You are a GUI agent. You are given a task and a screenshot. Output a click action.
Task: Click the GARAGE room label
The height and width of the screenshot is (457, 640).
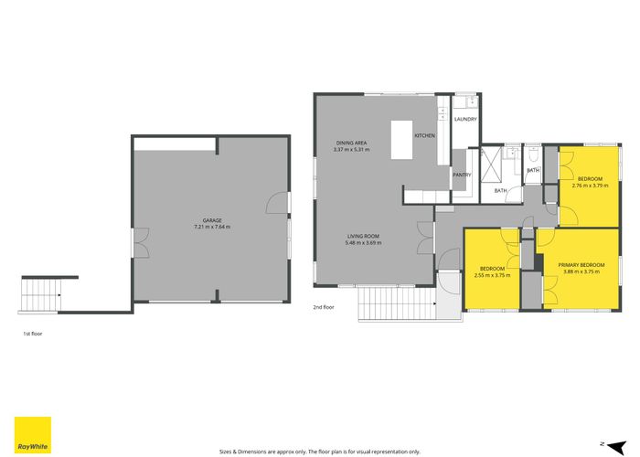click(212, 220)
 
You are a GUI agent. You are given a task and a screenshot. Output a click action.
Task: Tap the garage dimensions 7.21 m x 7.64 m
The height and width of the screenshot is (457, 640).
click(212, 227)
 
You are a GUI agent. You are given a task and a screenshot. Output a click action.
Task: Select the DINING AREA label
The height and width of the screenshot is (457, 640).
click(351, 143)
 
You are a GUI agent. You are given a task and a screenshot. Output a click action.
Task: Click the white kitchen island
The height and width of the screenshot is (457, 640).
click(401, 140)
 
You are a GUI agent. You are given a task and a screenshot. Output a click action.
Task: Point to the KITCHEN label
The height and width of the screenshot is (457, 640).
click(425, 135)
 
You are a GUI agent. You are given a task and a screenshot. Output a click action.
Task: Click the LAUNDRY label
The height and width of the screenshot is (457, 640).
click(465, 119)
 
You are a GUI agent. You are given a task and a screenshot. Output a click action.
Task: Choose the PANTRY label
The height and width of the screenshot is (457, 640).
click(462, 175)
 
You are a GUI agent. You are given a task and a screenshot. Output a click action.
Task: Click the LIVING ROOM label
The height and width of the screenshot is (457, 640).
click(363, 236)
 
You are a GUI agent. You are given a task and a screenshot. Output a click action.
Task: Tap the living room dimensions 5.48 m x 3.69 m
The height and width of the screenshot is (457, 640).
click(363, 242)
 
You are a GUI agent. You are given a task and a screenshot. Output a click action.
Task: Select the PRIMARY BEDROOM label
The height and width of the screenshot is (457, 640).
click(581, 265)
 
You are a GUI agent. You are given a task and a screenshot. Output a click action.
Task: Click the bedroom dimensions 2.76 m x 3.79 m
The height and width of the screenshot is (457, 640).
click(591, 186)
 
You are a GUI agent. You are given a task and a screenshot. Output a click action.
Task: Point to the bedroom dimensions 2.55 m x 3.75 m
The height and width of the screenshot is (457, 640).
click(492, 275)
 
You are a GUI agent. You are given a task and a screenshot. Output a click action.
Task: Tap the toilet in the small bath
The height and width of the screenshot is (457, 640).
click(533, 154)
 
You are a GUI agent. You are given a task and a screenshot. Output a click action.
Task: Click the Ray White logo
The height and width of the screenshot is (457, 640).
click(33, 434)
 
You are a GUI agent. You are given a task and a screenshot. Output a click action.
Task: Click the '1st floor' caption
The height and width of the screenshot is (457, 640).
click(33, 334)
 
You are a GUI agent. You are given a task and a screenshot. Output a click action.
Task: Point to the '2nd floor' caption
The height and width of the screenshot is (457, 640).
click(324, 307)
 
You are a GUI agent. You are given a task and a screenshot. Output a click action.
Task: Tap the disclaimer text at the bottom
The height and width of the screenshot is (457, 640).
click(320, 452)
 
